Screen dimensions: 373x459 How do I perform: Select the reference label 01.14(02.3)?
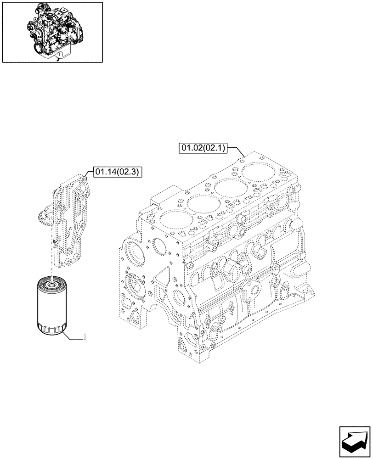tap(118, 172)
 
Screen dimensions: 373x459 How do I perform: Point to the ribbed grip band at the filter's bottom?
tap(51, 329)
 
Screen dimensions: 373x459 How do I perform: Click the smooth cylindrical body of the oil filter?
tap(51, 305)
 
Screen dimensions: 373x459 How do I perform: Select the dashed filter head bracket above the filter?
tap(71, 220)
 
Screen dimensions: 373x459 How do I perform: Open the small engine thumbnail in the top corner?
tap(52, 32)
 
